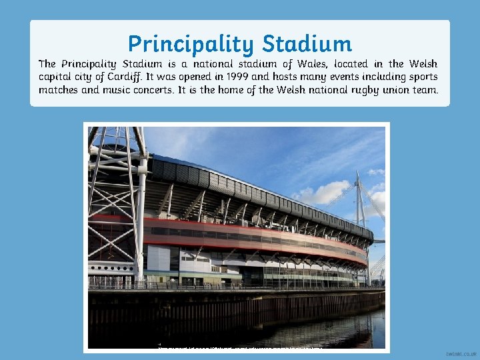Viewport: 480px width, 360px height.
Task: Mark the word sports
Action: tap(421, 77)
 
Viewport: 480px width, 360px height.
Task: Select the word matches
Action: tap(58, 89)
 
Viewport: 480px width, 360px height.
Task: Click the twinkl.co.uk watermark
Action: tap(460, 353)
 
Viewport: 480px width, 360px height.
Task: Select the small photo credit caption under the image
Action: tap(240, 347)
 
